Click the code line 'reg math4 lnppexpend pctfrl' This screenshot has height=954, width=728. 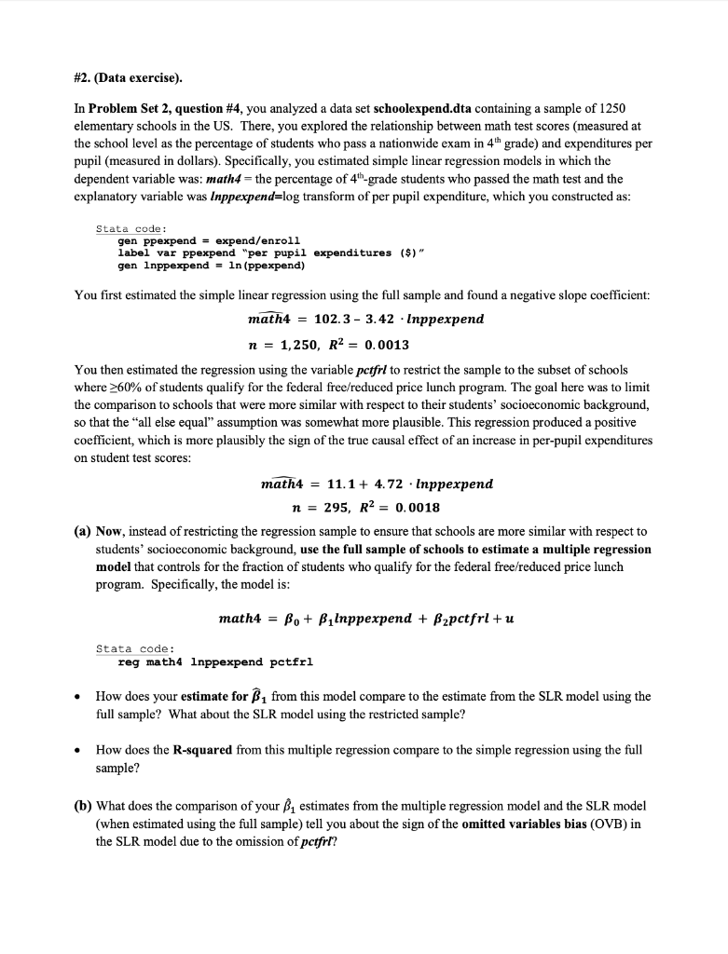point(215,662)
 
